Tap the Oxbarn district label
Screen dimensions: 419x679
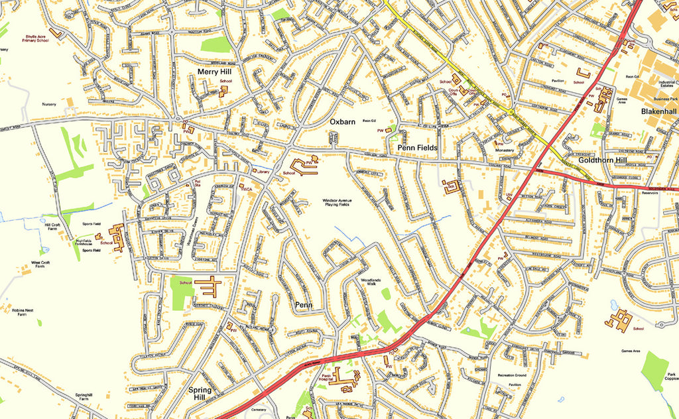(343, 121)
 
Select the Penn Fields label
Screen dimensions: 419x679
(417, 147)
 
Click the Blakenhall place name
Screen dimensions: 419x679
(658, 112)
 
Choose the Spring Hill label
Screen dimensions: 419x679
(200, 394)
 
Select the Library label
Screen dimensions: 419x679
(263, 172)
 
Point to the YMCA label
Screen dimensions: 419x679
(247, 190)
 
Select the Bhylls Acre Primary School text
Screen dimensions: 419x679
(37, 38)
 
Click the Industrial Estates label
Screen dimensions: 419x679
(666, 85)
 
